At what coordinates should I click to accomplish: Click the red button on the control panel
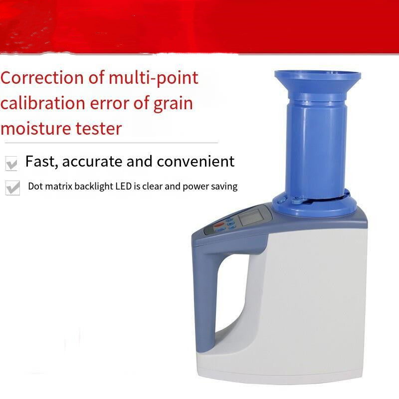[x=218, y=225]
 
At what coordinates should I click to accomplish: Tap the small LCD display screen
[x=250, y=217]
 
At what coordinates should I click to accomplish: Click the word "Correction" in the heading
[x=42, y=78]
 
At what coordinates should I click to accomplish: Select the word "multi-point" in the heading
[x=154, y=78]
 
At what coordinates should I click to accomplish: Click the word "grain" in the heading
[x=173, y=104]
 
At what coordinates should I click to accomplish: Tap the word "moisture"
[x=35, y=129]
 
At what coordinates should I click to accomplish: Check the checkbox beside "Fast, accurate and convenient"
[x=11, y=164]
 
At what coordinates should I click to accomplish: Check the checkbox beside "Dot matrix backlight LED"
[x=12, y=188]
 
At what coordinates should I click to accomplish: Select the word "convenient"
[x=196, y=161]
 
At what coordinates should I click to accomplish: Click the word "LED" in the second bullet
[x=124, y=186]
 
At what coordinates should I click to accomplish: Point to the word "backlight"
[x=94, y=187]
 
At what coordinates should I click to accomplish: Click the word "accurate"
[x=92, y=162]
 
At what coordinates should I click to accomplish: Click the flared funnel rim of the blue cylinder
[x=318, y=79]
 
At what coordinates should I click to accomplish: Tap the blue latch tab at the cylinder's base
[x=298, y=201]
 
